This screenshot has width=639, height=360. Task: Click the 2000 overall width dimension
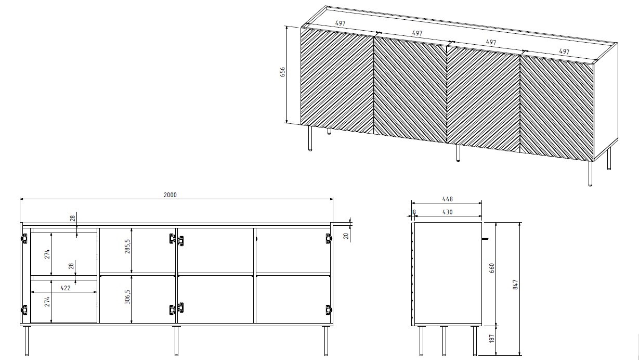pos(170,195)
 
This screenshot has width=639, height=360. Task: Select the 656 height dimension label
pos(283,72)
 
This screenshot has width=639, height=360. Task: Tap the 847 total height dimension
pos(515,285)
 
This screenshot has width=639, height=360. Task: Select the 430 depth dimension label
pos(447,212)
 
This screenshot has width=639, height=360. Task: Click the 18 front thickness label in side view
pos(413,212)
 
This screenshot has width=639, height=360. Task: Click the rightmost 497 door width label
pos(564,52)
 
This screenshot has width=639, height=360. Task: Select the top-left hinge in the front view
pos(23,239)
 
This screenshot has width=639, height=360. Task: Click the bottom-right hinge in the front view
pos(328,310)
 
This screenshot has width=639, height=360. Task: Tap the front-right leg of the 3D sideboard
pos(590,174)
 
